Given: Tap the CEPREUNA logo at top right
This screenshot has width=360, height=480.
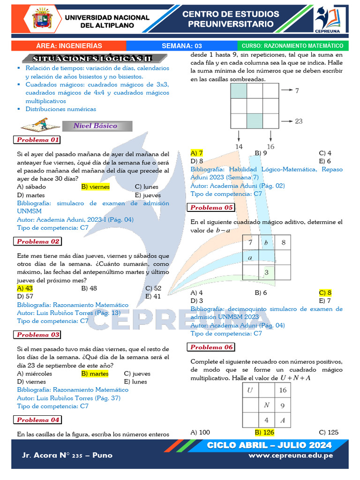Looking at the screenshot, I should (x=331, y=19).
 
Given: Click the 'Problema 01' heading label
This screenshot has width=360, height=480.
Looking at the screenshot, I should (x=38, y=140).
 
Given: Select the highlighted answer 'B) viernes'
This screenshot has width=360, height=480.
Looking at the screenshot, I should (x=95, y=187).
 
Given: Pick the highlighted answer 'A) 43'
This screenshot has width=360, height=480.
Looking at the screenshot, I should (x=25, y=288).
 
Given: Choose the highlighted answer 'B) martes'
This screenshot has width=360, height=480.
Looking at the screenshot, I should (x=95, y=374).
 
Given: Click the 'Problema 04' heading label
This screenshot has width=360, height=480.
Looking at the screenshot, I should (x=38, y=420).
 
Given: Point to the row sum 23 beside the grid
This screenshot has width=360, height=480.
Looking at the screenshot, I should (x=299, y=121).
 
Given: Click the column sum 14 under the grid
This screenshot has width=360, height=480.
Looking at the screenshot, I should (x=239, y=146).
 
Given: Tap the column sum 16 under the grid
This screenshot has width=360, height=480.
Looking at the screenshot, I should (x=270, y=146).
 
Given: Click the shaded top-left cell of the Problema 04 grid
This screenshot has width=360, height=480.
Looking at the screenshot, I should (x=239, y=90).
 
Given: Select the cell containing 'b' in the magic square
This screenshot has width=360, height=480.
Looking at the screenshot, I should (x=266, y=242).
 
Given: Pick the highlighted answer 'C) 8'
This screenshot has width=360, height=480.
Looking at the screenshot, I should (x=325, y=292).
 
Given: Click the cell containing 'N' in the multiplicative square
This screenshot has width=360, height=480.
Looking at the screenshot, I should (x=266, y=405).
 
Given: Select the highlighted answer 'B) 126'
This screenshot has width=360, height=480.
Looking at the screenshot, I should (x=264, y=432).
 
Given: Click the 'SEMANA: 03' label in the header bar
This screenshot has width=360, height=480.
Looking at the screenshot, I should (x=182, y=46).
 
